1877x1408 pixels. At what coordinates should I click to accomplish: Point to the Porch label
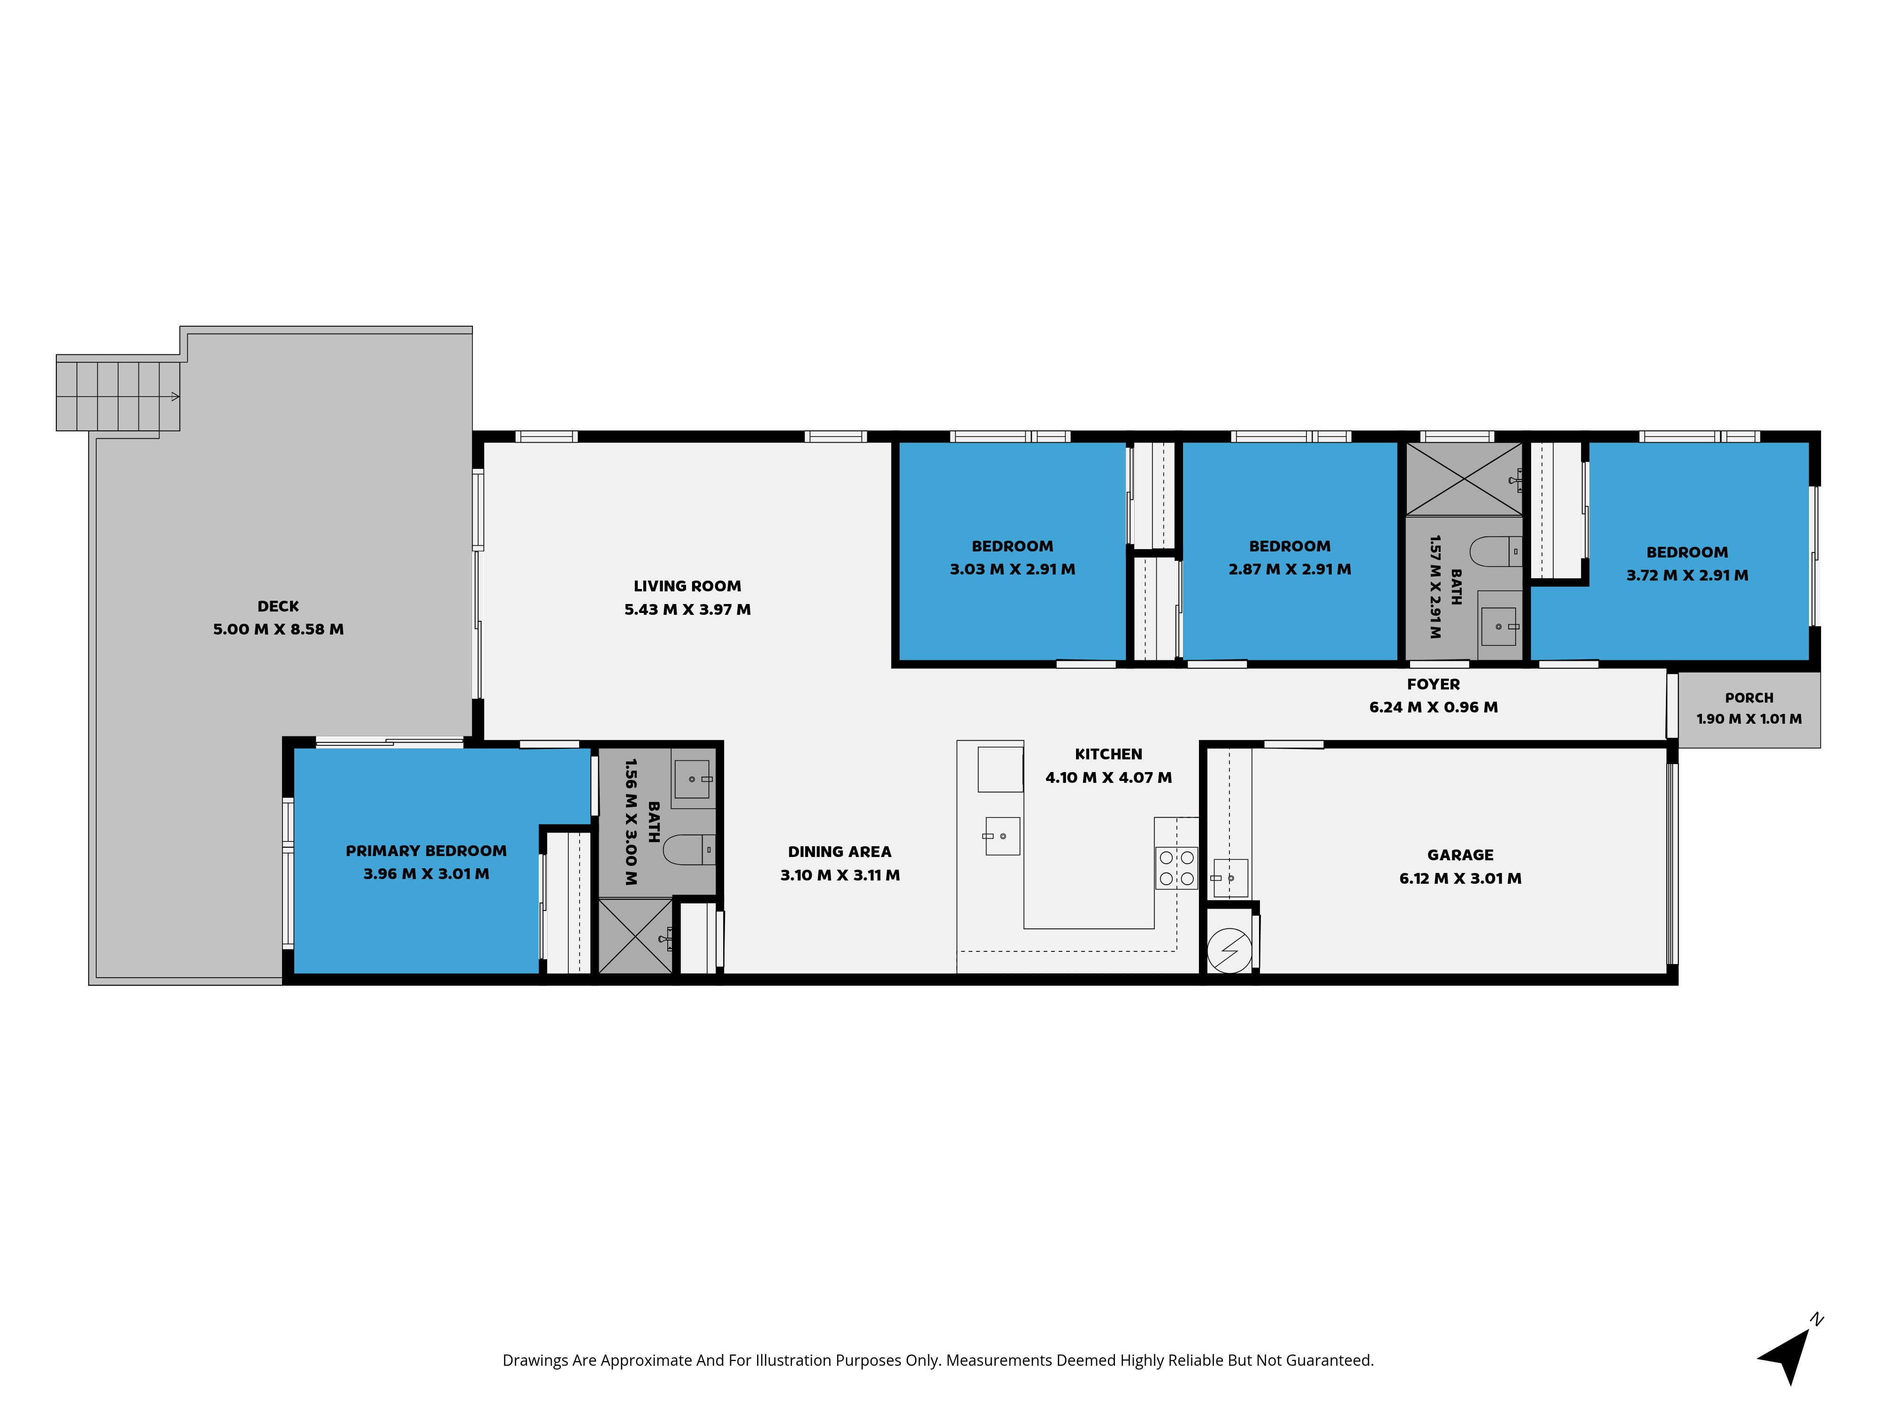[x=1749, y=697]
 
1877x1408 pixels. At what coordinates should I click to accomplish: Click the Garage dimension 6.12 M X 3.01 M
[x=1460, y=879]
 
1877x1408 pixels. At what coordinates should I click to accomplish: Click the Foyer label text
[x=1433, y=684]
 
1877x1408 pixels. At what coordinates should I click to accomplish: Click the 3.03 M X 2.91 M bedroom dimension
[x=1012, y=569]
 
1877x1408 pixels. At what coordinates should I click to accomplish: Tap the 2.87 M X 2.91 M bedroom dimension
[x=1290, y=569]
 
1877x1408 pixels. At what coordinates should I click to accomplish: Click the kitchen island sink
[x=1002, y=836]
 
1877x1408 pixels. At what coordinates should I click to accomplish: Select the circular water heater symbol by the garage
[x=1228, y=950]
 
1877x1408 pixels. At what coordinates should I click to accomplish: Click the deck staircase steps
[x=118, y=396]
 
